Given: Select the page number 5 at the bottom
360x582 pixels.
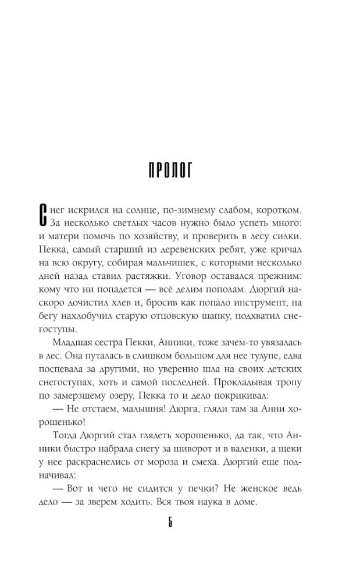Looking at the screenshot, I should coord(170,521).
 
